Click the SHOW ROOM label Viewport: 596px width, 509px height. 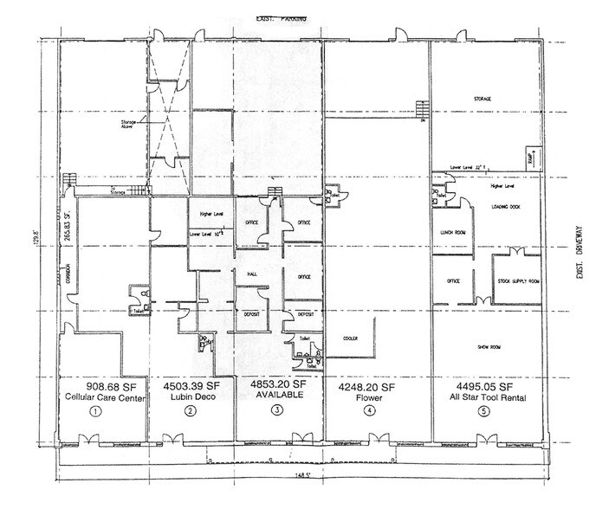[491, 345]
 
